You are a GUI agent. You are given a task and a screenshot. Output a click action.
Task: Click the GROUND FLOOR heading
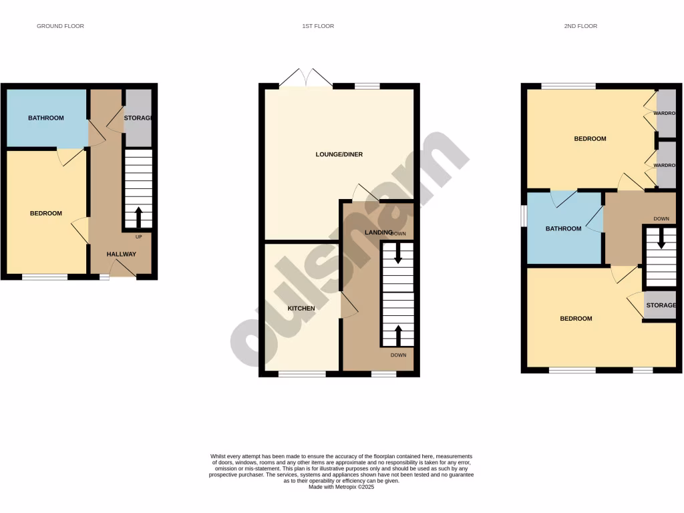[60, 26]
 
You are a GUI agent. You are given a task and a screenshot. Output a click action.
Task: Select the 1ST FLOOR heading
[318, 26]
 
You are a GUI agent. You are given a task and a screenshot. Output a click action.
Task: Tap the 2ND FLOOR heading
[580, 26]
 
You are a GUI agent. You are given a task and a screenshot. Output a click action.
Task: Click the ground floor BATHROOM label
[46, 118]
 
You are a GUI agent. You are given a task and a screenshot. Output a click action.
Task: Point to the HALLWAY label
[122, 254]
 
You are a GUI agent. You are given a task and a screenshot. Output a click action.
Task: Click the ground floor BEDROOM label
[46, 214]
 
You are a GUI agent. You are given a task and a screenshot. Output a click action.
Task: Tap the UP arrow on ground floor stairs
[139, 218]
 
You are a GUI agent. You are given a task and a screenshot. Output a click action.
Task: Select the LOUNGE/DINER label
[339, 154]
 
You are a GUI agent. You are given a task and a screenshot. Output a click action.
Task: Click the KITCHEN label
[301, 309]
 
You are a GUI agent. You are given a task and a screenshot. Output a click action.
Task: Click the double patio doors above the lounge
[306, 78]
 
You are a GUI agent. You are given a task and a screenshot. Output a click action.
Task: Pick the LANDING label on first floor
[378, 232]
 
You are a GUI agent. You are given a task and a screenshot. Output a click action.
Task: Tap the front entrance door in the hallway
[123, 270]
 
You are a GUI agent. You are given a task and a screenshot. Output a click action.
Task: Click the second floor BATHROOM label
[564, 228]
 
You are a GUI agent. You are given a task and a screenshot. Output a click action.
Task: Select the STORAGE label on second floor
[661, 305]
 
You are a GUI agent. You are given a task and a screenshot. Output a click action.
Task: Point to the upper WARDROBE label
[665, 113]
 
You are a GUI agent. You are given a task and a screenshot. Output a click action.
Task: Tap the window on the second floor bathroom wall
[524, 216]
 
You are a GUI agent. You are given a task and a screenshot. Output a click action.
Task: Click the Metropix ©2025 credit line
[341, 487]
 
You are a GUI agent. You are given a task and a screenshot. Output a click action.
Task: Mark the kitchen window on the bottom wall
[302, 374]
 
